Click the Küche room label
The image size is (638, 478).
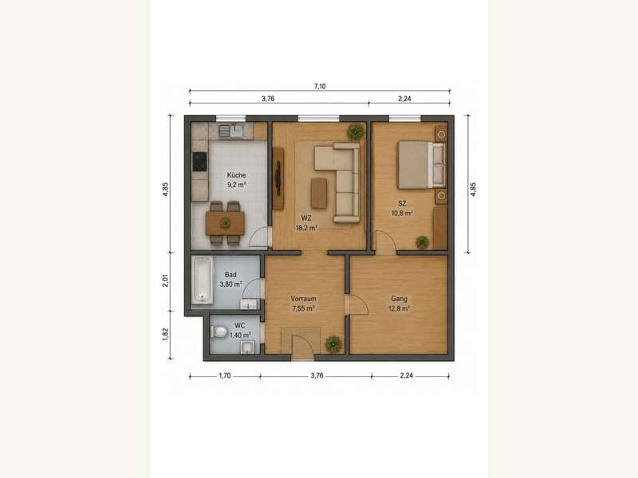[x=236, y=175]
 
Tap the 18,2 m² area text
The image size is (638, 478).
[x=306, y=228]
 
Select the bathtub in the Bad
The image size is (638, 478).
[x=203, y=280]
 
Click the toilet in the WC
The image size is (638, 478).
[x=219, y=331]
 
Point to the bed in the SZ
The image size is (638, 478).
[x=421, y=165]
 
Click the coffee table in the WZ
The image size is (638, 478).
[x=319, y=193]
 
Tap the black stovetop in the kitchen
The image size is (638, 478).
[x=200, y=162]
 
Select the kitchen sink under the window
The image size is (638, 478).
[x=230, y=131]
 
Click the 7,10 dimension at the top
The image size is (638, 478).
[x=320, y=86]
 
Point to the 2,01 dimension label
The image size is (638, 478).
[x=165, y=280]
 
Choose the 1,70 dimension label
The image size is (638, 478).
[x=225, y=375]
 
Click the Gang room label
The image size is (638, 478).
[x=400, y=299]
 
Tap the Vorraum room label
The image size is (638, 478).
[x=303, y=299]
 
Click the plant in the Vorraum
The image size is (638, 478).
[x=333, y=344]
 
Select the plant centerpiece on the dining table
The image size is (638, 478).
[x=225, y=223]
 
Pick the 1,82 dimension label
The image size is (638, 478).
[x=165, y=335]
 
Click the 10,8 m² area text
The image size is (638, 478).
[x=402, y=213]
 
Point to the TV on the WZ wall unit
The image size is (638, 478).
[x=278, y=178]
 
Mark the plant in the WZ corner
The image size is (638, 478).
[x=355, y=131]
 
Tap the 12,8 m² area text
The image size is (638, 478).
[x=400, y=308]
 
